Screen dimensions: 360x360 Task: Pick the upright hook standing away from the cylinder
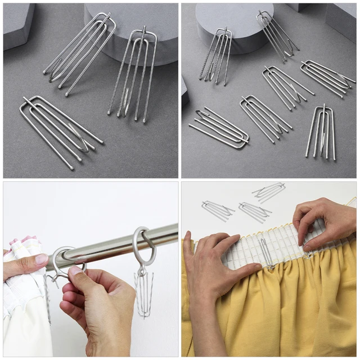pos(321,132)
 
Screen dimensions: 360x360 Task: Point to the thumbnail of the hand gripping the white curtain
pos(41,259)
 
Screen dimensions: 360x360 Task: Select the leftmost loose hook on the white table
pos(217,210)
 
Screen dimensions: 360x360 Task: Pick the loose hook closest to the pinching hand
pos(269,191)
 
